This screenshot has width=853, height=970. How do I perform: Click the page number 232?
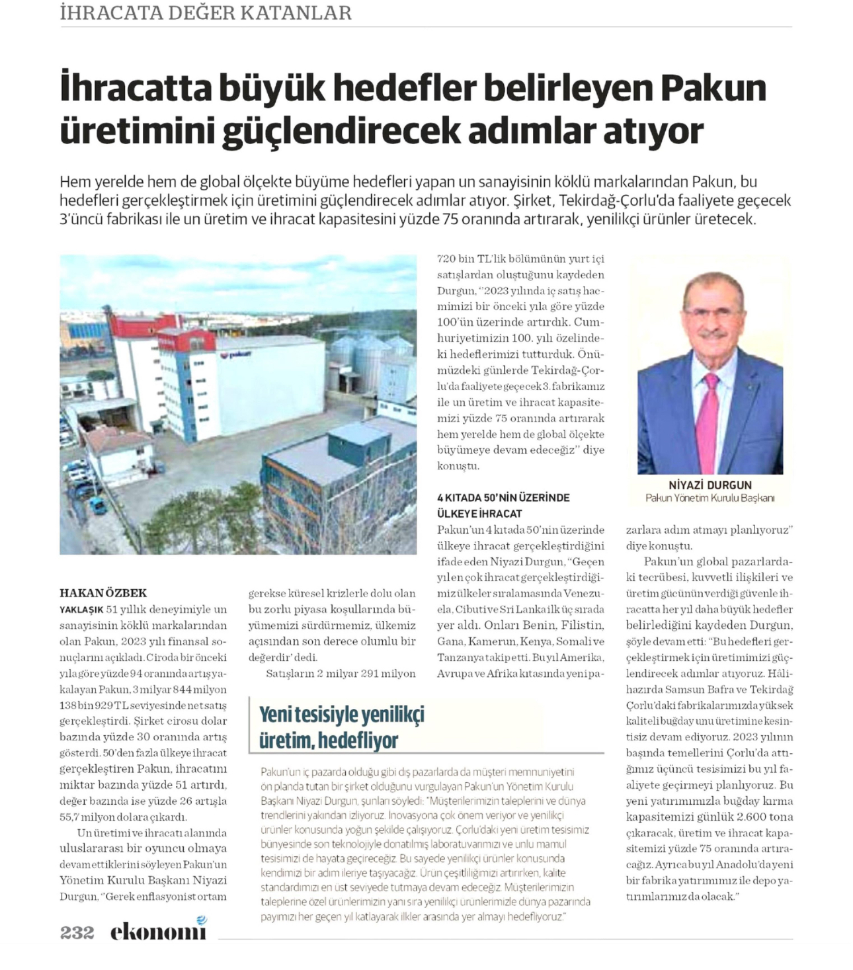(x=77, y=932)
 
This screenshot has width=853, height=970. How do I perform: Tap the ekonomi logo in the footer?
(x=159, y=930)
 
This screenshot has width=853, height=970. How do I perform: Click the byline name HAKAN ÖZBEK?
(x=103, y=592)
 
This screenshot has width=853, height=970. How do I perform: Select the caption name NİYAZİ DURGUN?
(x=710, y=485)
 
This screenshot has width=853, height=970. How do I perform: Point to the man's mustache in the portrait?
(x=712, y=334)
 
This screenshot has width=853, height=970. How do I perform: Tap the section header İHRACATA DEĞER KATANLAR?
(x=206, y=13)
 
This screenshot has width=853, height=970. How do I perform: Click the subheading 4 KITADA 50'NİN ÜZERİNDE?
(x=503, y=497)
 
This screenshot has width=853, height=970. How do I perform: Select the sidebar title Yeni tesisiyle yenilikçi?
(x=341, y=714)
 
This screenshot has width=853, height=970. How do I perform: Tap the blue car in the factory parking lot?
(x=98, y=506)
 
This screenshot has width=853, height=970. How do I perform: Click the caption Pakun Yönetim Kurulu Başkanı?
(x=710, y=498)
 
